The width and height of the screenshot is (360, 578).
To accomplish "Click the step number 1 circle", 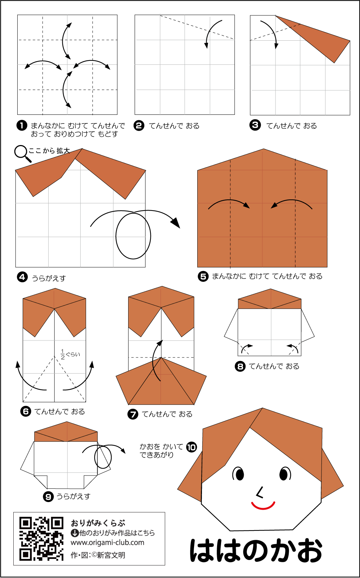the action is tap(22, 126).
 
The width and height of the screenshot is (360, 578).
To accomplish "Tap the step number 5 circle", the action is tap(203, 276).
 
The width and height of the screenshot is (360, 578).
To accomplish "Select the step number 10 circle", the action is tap(192, 447).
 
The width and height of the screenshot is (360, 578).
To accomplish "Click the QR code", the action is tap(41, 539).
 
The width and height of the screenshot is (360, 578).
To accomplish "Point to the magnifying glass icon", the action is tap(22, 154).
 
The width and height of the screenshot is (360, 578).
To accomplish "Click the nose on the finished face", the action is tap(260, 492).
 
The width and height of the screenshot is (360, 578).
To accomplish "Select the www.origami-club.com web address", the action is tap(107, 543).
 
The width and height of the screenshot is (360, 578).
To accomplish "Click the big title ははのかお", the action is tap(256, 550).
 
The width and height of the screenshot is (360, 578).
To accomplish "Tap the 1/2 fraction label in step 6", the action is tap(63, 354).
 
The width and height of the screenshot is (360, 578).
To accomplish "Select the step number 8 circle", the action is tap(240, 366).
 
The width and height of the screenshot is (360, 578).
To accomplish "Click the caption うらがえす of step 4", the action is tap(49, 278).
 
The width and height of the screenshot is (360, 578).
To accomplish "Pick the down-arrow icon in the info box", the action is tap(75, 533).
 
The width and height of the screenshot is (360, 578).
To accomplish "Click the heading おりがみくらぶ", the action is tap(98, 523).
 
